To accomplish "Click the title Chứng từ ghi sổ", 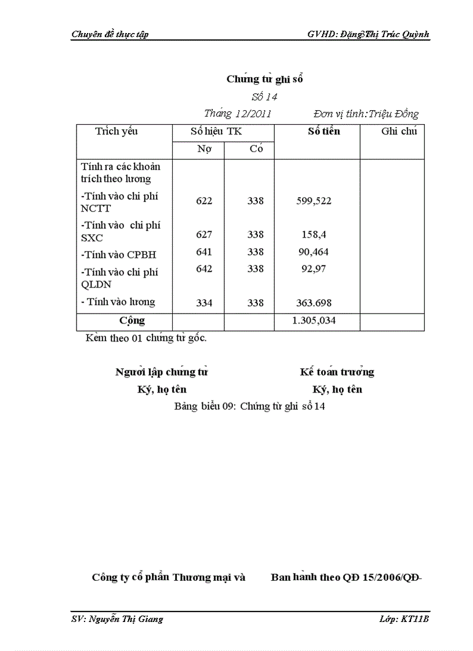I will point(264,79).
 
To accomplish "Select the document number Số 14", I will point(264,97).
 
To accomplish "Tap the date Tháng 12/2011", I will point(238,114).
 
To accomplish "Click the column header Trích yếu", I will point(117,132).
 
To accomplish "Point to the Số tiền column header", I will point(324,132).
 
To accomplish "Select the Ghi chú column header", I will point(399,132).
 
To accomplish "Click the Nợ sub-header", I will point(204,149).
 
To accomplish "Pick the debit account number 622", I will point(204,201).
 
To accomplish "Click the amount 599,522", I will point(314,201).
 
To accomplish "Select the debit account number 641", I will point(204,252).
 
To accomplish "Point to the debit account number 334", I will point(204,303).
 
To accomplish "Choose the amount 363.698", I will point(314,303).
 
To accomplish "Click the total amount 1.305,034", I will point(314,320).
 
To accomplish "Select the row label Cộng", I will point(132,320).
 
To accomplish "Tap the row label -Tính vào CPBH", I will point(119,255).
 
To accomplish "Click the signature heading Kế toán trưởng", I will point(337,372).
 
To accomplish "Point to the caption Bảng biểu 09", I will point(249,406).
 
